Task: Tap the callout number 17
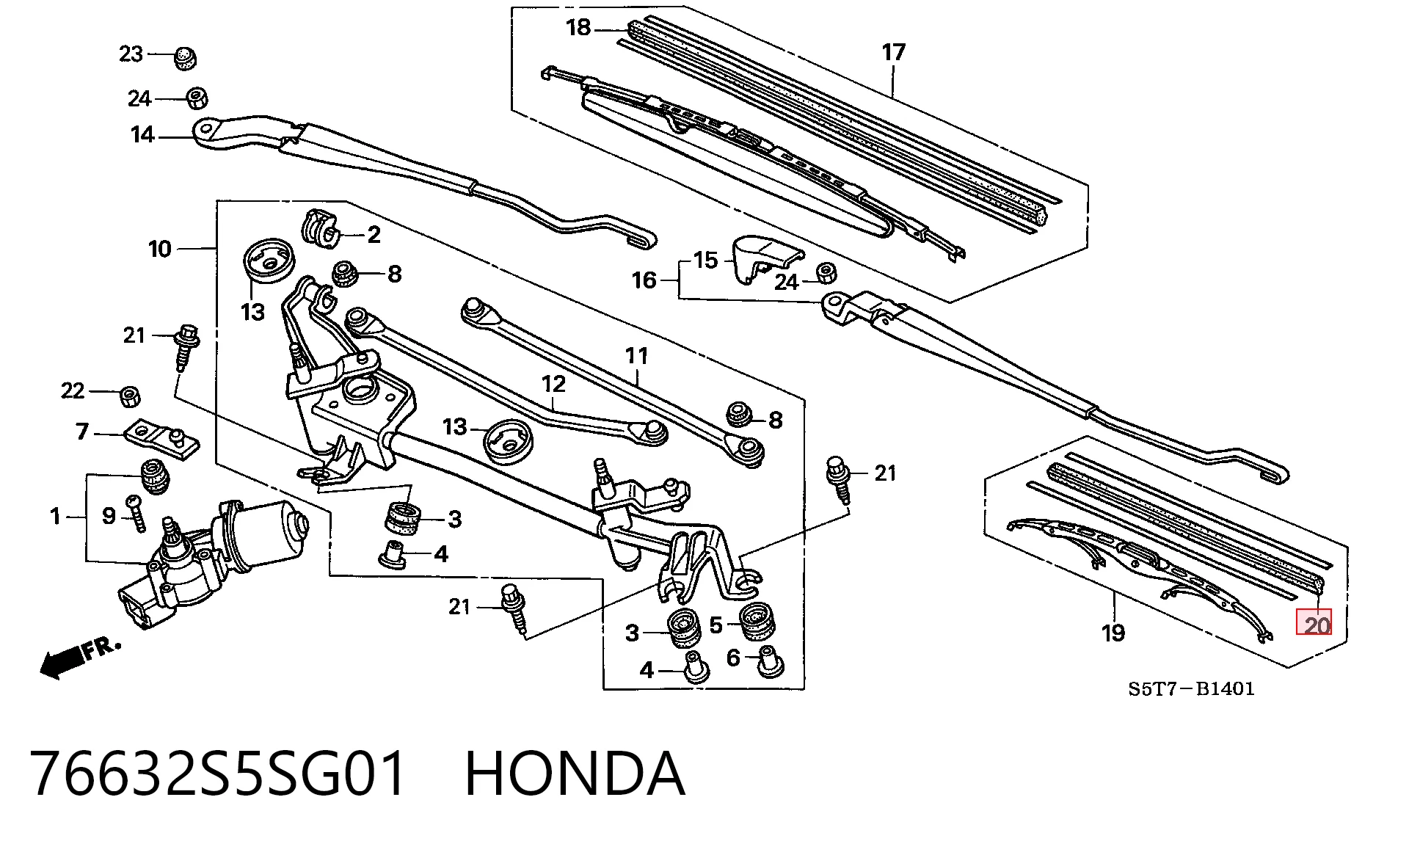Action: (893, 52)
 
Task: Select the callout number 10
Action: (159, 250)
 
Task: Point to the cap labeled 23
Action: (186, 57)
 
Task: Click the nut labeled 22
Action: (131, 396)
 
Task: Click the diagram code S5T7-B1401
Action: (1191, 688)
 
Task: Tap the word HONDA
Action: (575, 774)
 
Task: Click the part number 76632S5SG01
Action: (218, 774)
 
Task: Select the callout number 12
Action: (553, 384)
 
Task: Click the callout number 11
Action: (636, 356)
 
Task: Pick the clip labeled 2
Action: (321, 228)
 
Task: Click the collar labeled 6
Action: (767, 661)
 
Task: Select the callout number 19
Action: (1113, 633)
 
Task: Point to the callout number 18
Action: (578, 28)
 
